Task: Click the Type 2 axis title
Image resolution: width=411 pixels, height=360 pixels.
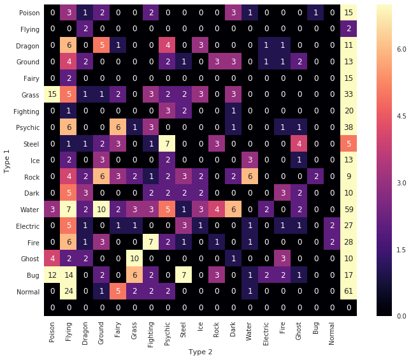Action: (x=201, y=351)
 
